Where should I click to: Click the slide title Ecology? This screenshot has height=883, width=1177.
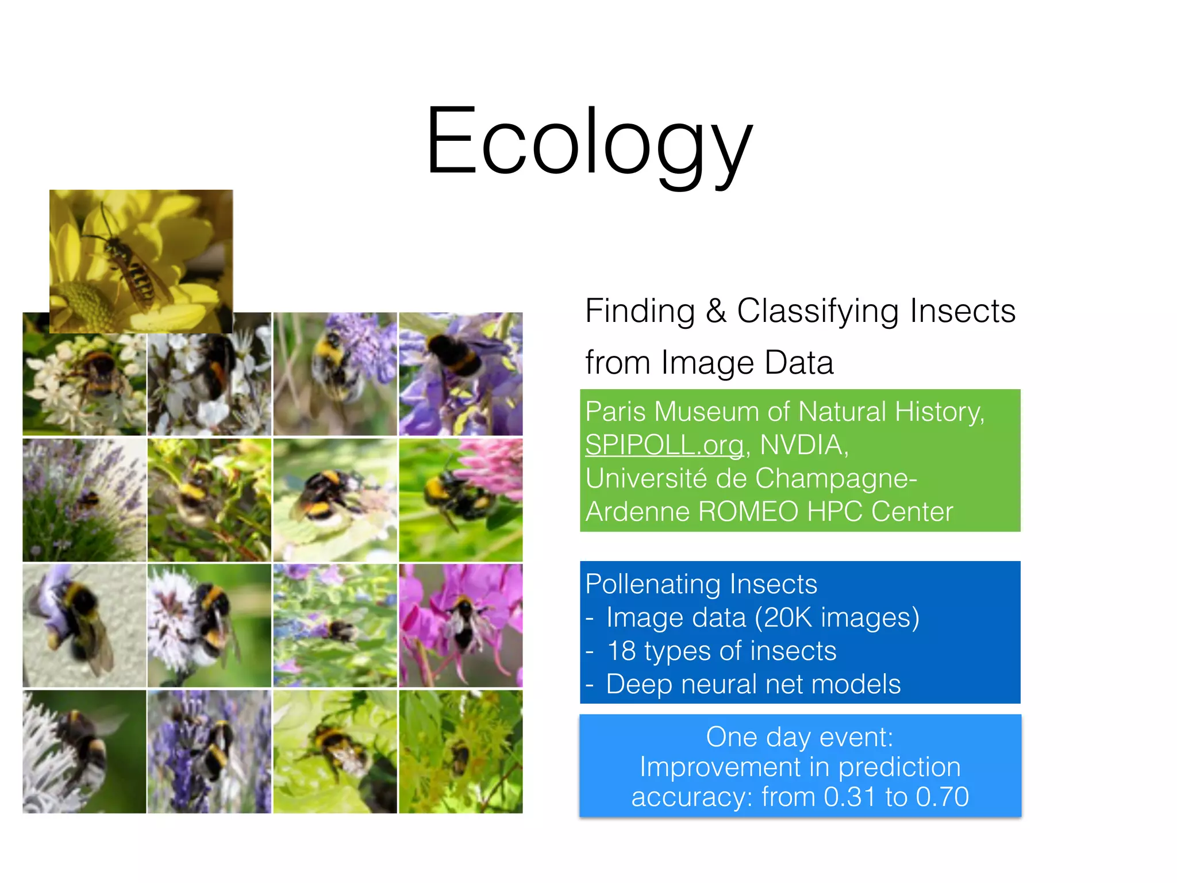tap(588, 141)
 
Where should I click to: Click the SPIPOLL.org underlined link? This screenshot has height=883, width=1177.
tap(664, 445)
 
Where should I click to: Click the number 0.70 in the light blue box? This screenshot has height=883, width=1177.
tap(942, 797)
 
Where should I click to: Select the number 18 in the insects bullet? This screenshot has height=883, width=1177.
tap(621, 651)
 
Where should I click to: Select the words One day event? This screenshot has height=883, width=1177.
tap(799, 737)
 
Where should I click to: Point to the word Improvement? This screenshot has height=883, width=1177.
tap(720, 767)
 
